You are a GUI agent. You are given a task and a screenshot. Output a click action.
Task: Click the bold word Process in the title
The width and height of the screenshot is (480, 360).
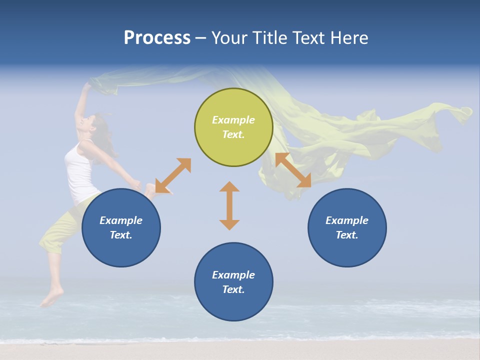[x=157, y=38]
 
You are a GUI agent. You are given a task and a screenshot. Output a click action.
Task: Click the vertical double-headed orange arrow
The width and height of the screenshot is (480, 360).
[x=229, y=205]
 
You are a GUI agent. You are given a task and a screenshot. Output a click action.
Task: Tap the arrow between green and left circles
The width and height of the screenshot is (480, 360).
[x=173, y=175]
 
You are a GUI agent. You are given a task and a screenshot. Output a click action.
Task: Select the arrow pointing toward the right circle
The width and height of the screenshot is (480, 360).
[x=293, y=170]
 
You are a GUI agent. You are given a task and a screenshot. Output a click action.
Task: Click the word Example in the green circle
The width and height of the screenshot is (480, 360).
[x=233, y=120]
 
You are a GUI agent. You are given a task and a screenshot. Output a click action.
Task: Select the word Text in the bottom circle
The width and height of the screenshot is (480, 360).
[x=232, y=289]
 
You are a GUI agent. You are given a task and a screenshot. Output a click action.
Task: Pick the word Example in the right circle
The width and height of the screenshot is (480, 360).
[x=347, y=220]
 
